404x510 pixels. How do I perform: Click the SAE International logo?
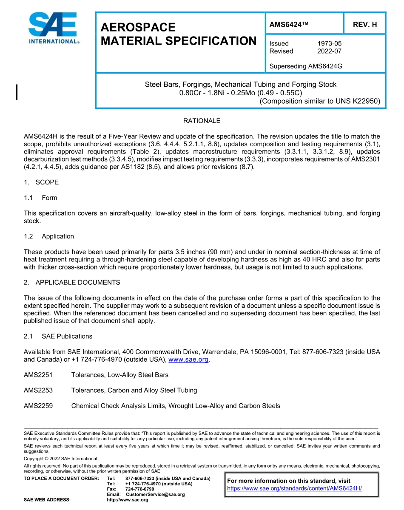[x=53, y=28]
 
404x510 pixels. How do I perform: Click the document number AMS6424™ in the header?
[x=288, y=24]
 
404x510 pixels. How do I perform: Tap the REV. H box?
[x=364, y=24]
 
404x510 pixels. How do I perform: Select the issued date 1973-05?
[x=329, y=43]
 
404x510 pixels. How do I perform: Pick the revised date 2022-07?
[x=329, y=51]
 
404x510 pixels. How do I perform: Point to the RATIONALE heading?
[x=202, y=121]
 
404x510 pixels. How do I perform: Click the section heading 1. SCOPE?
[x=41, y=182]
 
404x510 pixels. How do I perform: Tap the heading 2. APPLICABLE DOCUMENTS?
[x=72, y=283]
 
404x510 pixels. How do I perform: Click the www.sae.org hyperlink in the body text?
[x=189, y=360]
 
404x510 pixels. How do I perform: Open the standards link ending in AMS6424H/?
[x=294, y=489]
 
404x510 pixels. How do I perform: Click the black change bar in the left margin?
[x=17, y=92]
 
